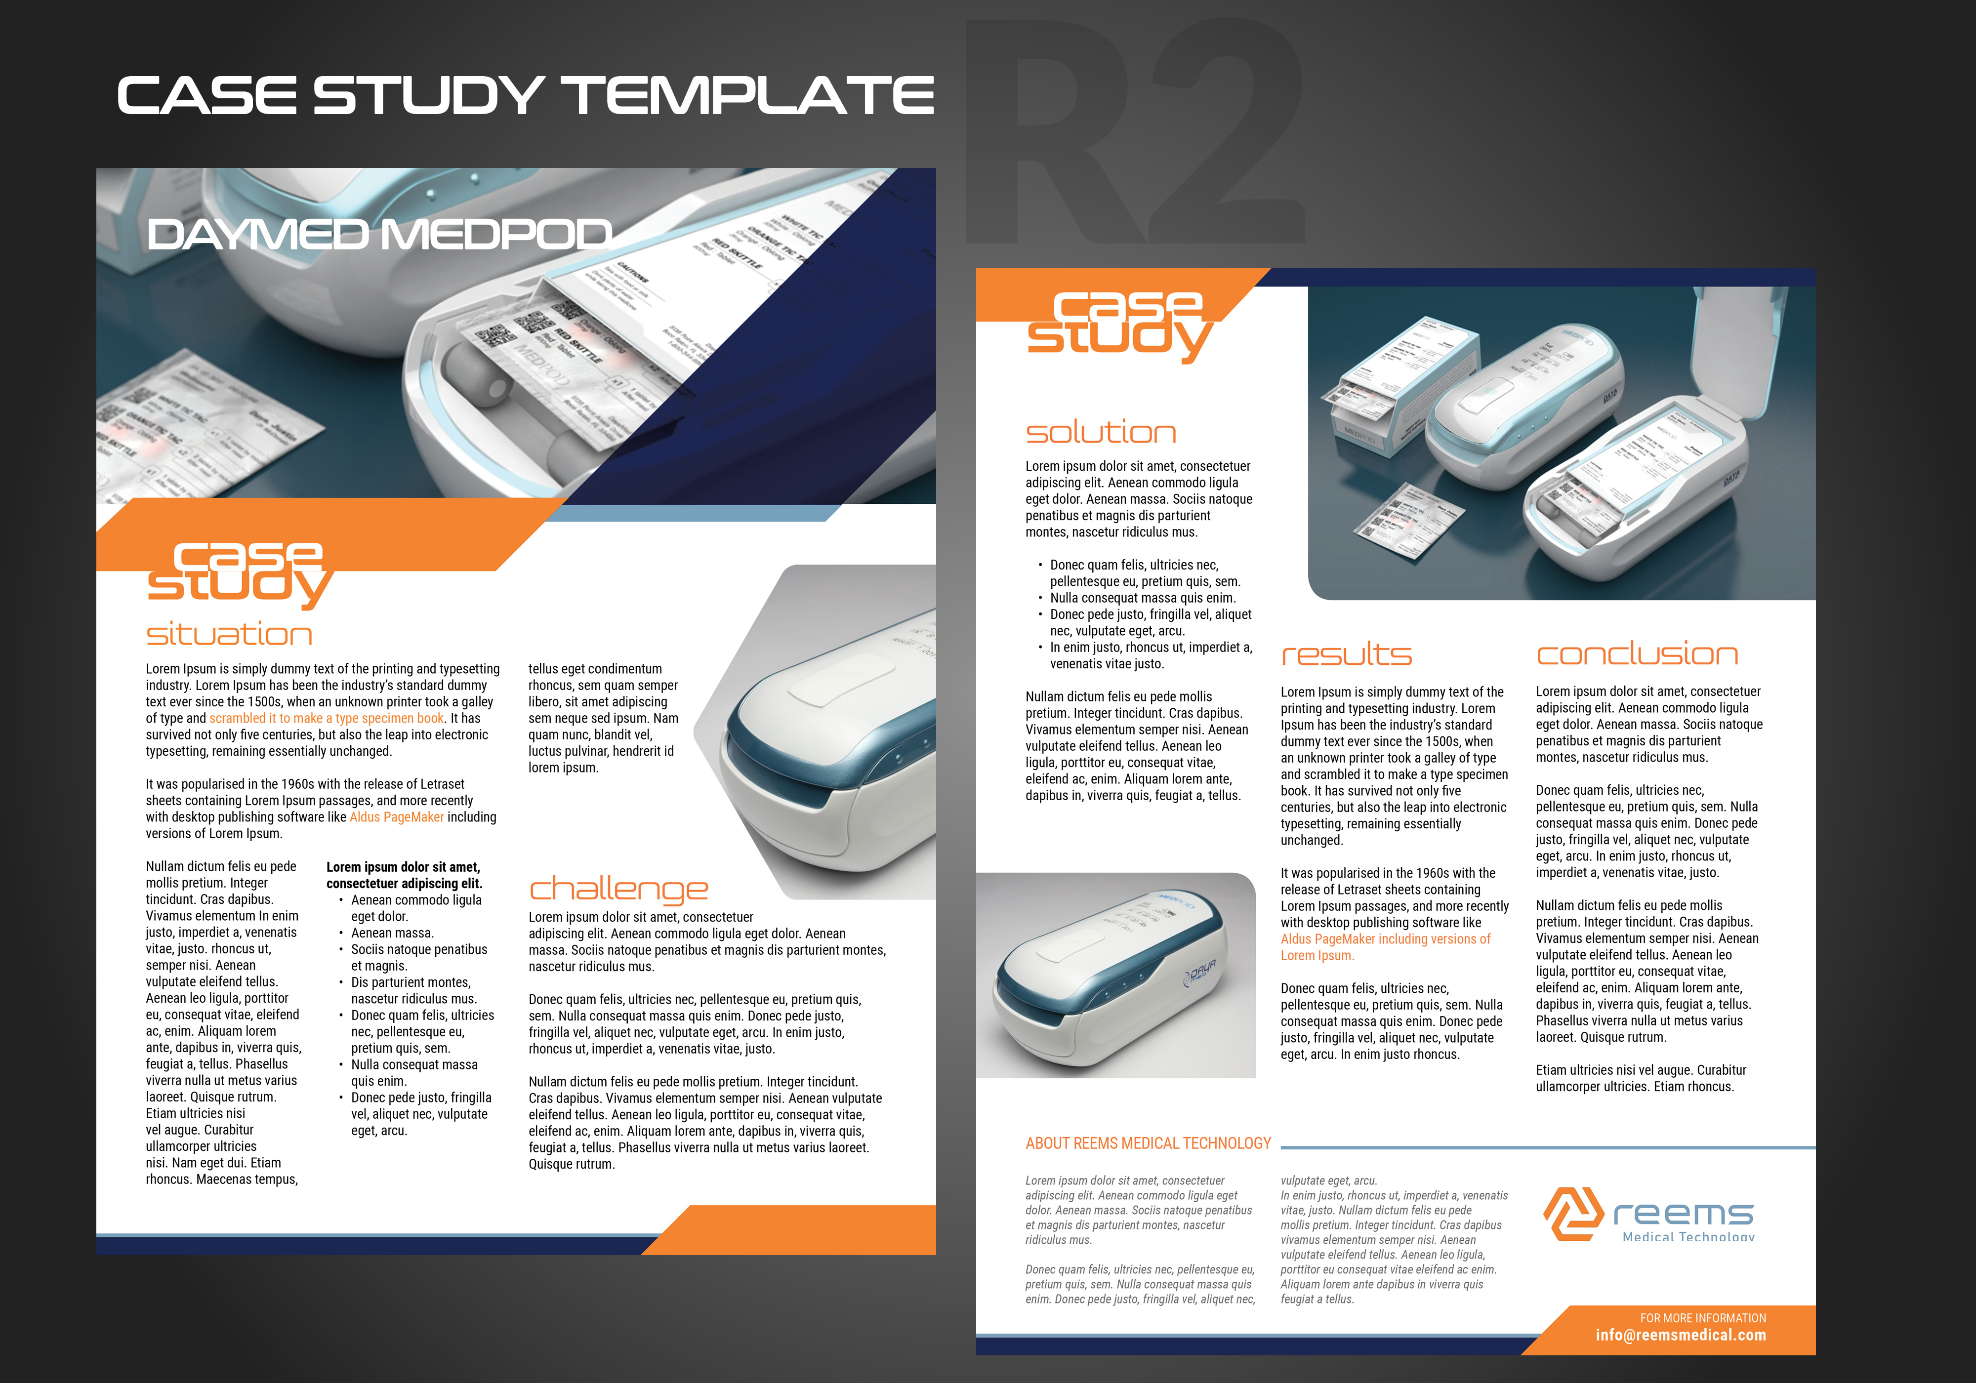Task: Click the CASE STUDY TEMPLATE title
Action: click(x=525, y=95)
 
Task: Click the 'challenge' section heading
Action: click(x=618, y=888)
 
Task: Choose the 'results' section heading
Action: click(x=1346, y=655)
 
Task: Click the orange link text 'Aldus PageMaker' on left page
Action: click(x=397, y=817)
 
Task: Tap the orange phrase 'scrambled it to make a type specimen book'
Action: click(x=326, y=718)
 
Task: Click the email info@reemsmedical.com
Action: click(x=1680, y=1335)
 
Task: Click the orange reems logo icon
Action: click(x=1572, y=1214)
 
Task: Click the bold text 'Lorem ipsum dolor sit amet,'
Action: click(x=403, y=867)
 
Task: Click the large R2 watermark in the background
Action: click(x=1136, y=138)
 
